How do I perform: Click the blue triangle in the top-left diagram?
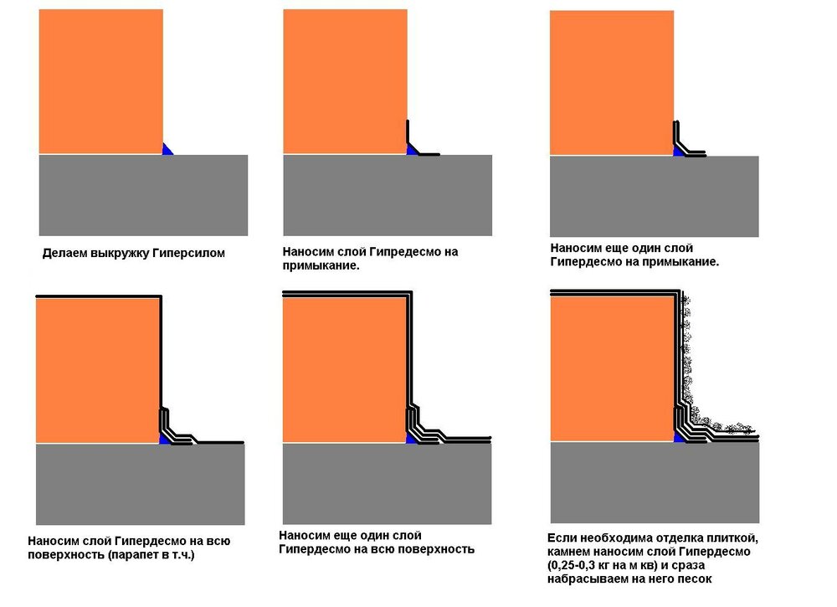tap(167, 150)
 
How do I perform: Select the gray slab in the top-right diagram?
tap(654, 196)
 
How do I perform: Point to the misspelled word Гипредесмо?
tap(409, 251)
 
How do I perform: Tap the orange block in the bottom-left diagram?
tap(97, 368)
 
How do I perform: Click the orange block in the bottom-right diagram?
tap(612, 368)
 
